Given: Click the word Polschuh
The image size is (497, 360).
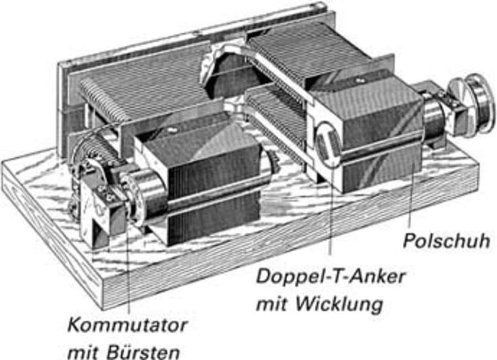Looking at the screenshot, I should (446, 241).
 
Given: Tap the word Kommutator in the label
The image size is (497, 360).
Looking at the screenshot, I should (127, 324).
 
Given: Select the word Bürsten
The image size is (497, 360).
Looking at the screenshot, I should (147, 351).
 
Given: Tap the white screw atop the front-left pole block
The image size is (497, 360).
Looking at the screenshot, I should (173, 130).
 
